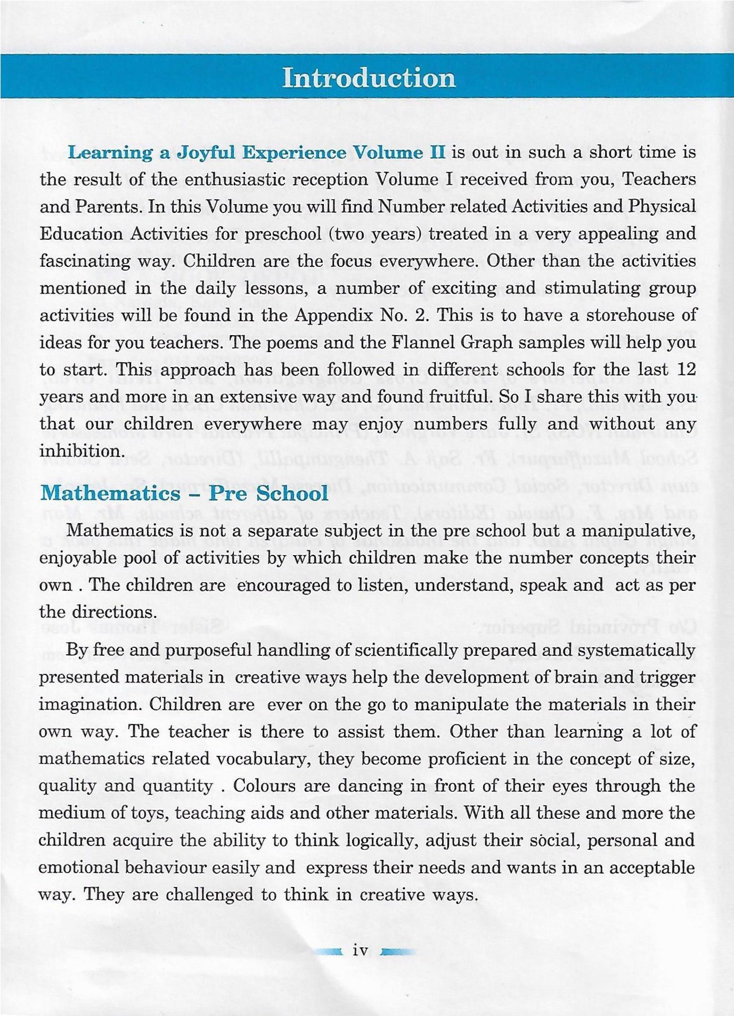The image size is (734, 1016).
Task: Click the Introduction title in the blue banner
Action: click(369, 78)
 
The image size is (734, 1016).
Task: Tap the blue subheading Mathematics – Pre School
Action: click(184, 493)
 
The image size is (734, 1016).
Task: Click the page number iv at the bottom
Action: click(361, 951)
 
